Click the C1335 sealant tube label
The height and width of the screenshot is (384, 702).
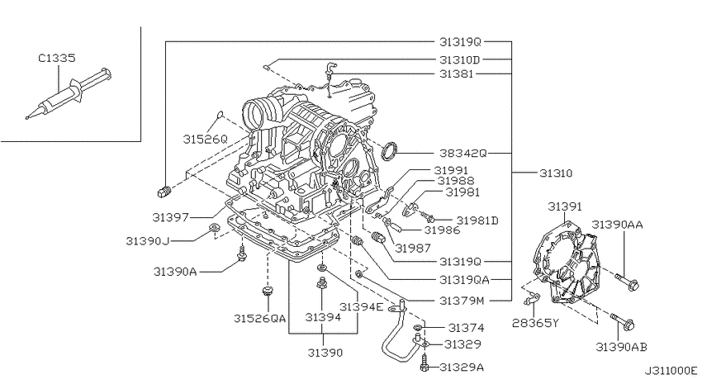(57, 58)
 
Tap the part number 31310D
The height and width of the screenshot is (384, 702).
(459, 59)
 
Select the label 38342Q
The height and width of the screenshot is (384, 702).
(462, 153)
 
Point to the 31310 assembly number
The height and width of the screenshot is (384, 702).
(556, 173)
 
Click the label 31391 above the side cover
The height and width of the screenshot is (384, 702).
(565, 206)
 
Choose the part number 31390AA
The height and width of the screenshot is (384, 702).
(617, 225)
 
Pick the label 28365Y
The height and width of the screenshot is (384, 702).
(535, 323)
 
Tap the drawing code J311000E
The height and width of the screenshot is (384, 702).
(671, 371)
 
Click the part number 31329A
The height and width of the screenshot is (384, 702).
(462, 367)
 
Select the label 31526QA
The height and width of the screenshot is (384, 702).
(259, 318)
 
